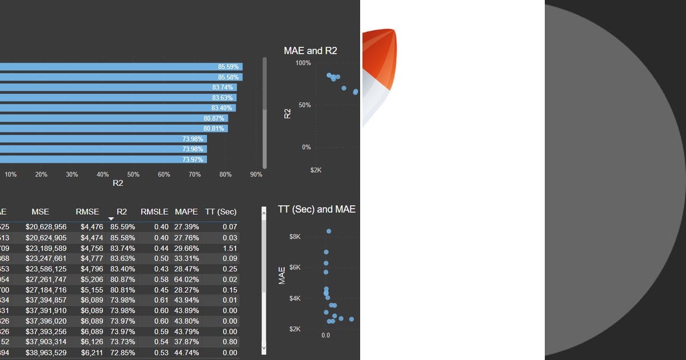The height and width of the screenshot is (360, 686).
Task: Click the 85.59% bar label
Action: click(228, 67)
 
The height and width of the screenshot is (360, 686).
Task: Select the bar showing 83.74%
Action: click(114, 87)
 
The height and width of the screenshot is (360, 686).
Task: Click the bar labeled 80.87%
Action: click(114, 118)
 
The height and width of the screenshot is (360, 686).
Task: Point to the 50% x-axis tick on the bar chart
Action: click(133, 174)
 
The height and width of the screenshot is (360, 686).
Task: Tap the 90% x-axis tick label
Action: click(256, 174)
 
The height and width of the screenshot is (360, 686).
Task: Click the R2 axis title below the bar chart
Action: click(118, 183)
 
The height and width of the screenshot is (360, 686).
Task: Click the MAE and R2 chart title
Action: click(310, 51)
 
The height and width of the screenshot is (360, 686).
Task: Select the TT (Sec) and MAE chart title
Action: click(317, 209)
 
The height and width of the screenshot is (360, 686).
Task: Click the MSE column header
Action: click(40, 212)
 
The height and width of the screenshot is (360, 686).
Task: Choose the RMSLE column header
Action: click(154, 212)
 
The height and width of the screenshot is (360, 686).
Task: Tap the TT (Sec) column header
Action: click(221, 212)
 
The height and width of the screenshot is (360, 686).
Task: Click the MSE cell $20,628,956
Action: click(46, 227)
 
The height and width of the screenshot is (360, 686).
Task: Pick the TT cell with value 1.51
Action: click(230, 248)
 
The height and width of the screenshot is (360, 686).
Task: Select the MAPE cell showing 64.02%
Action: click(186, 279)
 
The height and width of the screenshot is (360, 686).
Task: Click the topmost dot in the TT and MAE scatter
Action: click(329, 231)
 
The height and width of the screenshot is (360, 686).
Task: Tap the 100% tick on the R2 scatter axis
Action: click(303, 63)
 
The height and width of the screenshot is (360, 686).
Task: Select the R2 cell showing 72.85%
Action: click(122, 353)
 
